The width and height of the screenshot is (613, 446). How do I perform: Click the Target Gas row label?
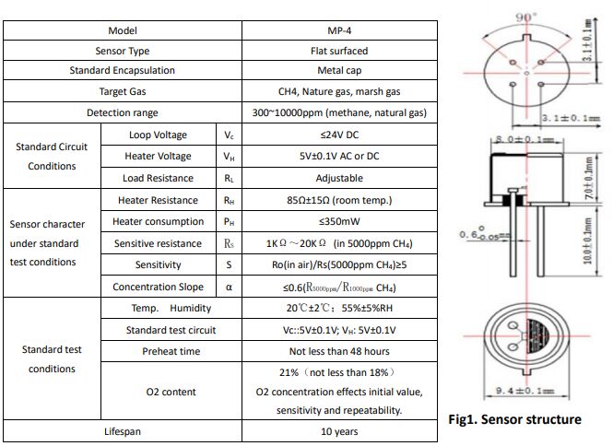point(123,92)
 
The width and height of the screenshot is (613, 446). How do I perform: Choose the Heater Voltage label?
point(158,156)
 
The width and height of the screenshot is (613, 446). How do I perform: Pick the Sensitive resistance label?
point(158,243)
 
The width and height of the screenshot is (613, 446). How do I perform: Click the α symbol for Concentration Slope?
point(229,287)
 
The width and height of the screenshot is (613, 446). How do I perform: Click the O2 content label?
point(171,392)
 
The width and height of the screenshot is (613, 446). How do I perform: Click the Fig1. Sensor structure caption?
point(514,419)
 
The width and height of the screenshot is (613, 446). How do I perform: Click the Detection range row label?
point(123,112)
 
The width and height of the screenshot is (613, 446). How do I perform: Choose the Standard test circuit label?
point(171,329)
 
